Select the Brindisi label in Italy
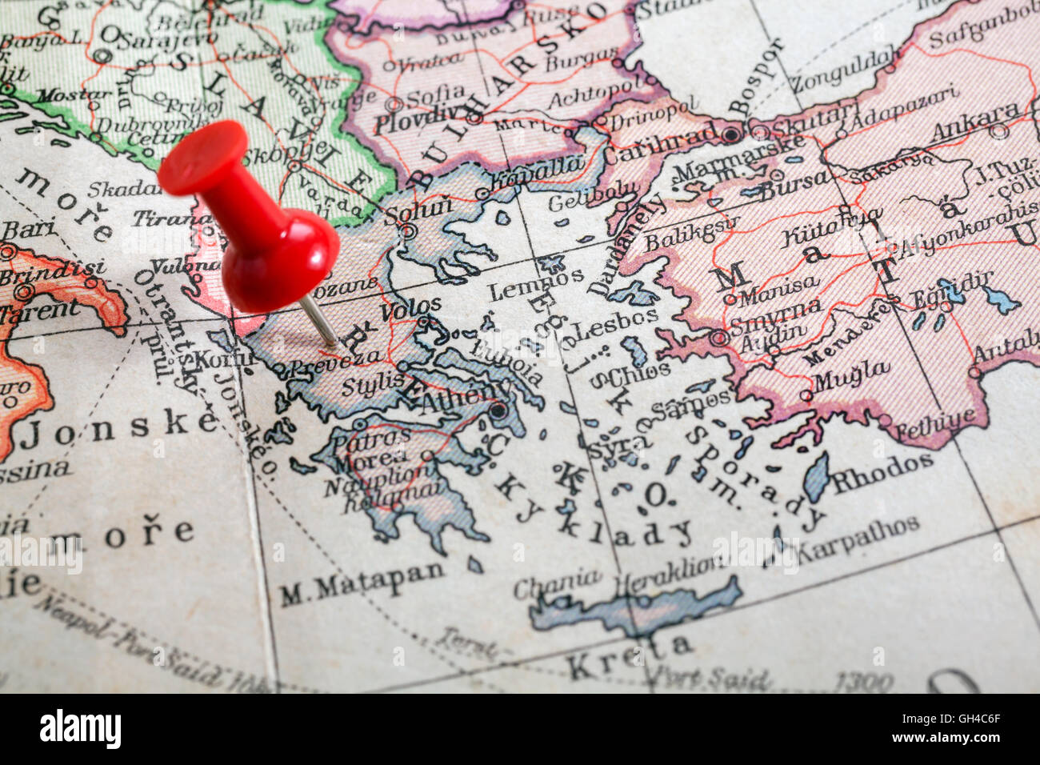[52, 270]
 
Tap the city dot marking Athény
[499, 412]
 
